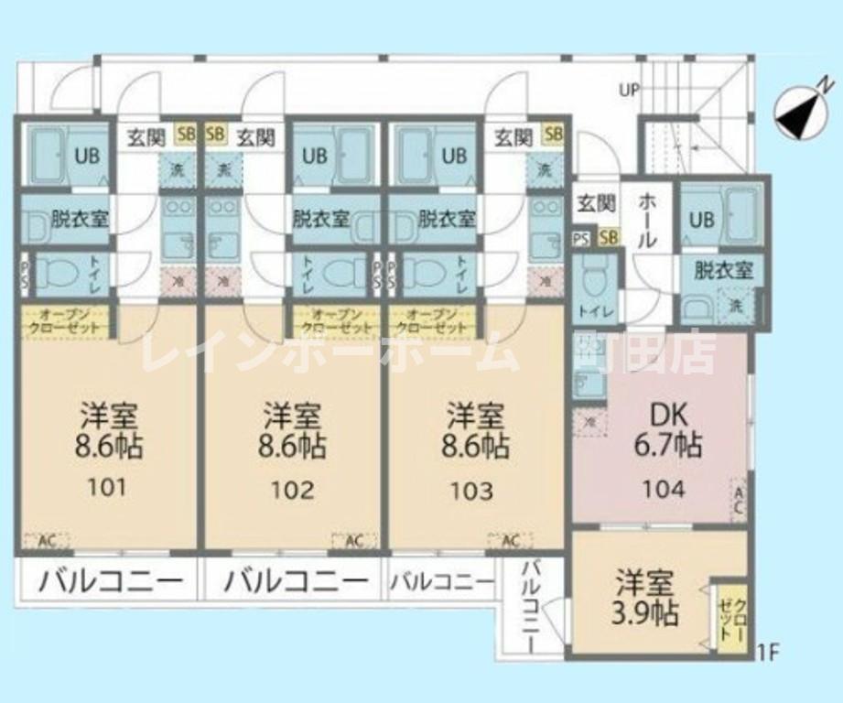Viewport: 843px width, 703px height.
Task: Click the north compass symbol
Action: (x=799, y=114)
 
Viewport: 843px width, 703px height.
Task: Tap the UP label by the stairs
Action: (x=629, y=90)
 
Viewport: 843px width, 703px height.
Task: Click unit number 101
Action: (x=108, y=486)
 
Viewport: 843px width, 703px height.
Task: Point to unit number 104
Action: (x=663, y=488)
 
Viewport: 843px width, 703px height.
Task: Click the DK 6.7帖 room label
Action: (x=668, y=431)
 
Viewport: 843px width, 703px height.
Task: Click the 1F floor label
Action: (x=767, y=653)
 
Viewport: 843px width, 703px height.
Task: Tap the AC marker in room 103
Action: (x=511, y=540)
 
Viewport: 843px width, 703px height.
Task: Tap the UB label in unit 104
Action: (x=701, y=220)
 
